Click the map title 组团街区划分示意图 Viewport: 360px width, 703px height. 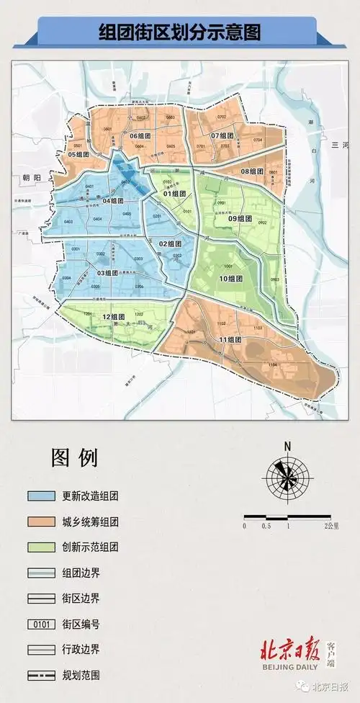(179, 32)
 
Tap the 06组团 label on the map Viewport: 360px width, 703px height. (139, 135)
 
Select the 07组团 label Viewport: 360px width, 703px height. (222, 135)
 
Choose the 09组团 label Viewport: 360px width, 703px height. (239, 218)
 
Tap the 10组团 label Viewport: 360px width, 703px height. (230, 278)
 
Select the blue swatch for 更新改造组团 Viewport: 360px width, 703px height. (42, 496)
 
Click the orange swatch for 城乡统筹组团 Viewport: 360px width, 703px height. (42, 521)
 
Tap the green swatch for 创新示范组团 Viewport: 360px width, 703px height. (42, 547)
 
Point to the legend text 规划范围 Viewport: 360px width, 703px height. (81, 675)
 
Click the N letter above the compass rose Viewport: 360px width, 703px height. (287, 447)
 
